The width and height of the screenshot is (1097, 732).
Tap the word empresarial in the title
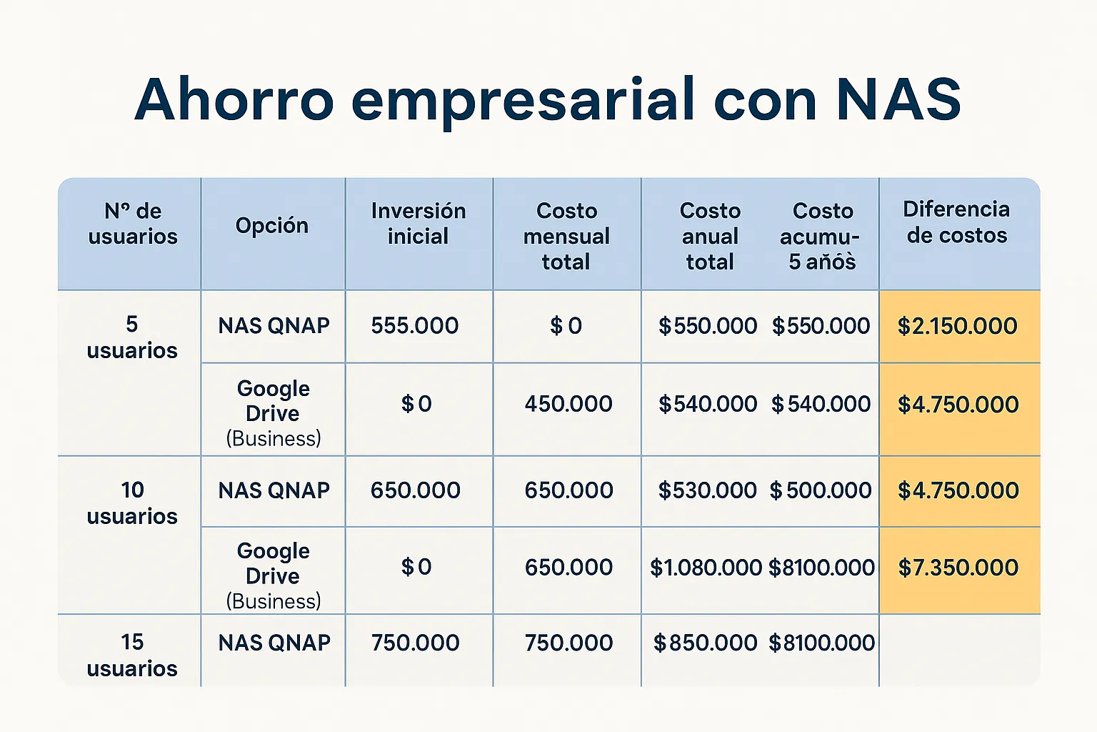click(523, 104)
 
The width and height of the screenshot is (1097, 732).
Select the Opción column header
click(272, 225)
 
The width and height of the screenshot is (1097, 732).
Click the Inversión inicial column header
click(419, 224)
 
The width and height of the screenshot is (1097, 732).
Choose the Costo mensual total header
click(566, 237)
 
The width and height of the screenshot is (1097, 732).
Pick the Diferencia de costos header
click(956, 222)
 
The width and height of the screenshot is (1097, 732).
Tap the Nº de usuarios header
click(133, 224)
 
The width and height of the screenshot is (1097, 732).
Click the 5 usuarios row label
click(131, 337)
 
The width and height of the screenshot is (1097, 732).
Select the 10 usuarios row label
click(131, 503)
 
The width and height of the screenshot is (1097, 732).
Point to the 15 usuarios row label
click(131, 655)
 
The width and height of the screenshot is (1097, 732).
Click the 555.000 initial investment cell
click(415, 325)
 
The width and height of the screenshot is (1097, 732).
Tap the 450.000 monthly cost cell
click(568, 404)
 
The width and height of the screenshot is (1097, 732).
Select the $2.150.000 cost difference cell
click(958, 326)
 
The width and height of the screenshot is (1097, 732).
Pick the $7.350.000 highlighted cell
click(958, 568)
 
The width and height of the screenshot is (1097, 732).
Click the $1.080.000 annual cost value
click(706, 568)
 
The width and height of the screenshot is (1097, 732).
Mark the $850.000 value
click(705, 643)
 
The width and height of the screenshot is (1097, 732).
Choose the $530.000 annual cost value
click(707, 490)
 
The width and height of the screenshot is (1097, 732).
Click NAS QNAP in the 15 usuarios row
click(274, 643)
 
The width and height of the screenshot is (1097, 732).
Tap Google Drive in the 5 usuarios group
click(273, 401)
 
